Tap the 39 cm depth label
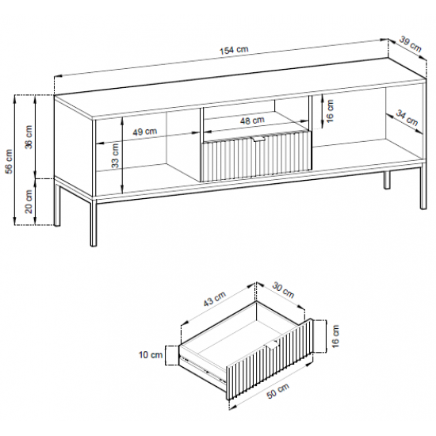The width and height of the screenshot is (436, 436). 411,44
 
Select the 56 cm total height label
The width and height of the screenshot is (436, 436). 9,161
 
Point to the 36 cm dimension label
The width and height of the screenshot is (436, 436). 29,137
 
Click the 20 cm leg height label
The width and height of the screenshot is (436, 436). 29,201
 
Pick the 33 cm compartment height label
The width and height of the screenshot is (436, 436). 115,155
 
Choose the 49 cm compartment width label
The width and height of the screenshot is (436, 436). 144,132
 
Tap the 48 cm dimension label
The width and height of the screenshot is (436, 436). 252,120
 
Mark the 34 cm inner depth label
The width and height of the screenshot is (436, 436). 407,118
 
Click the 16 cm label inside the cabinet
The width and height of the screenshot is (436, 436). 330,111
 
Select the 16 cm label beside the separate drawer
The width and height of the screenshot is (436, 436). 335,336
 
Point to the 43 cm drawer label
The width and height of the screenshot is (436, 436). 214,299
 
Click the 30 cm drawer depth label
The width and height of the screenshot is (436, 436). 283,290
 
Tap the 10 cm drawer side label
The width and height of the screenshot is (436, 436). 151,355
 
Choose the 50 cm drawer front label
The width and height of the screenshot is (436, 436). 277,390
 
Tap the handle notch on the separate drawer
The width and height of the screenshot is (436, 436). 272,344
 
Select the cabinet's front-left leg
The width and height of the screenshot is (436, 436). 94,222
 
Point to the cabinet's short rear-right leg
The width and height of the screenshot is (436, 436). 387,180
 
